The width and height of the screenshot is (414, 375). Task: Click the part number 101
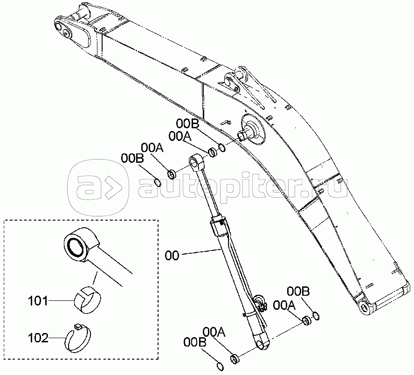tap(38, 301)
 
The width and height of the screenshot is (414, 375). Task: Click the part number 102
tap(38, 338)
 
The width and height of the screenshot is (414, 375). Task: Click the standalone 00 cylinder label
tap(172, 256)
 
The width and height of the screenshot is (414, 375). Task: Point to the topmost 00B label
tap(187, 123)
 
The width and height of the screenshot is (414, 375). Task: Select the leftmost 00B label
tap(132, 159)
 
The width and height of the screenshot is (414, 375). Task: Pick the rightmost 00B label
tap(298, 292)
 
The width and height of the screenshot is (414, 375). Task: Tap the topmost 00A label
tap(180, 136)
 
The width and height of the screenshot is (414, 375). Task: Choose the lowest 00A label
tap(214, 332)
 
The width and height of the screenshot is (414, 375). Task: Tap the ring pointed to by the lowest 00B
tap(220, 367)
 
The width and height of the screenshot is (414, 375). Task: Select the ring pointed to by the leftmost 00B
tap(157, 182)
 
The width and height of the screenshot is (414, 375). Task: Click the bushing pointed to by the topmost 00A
tap(213, 152)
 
